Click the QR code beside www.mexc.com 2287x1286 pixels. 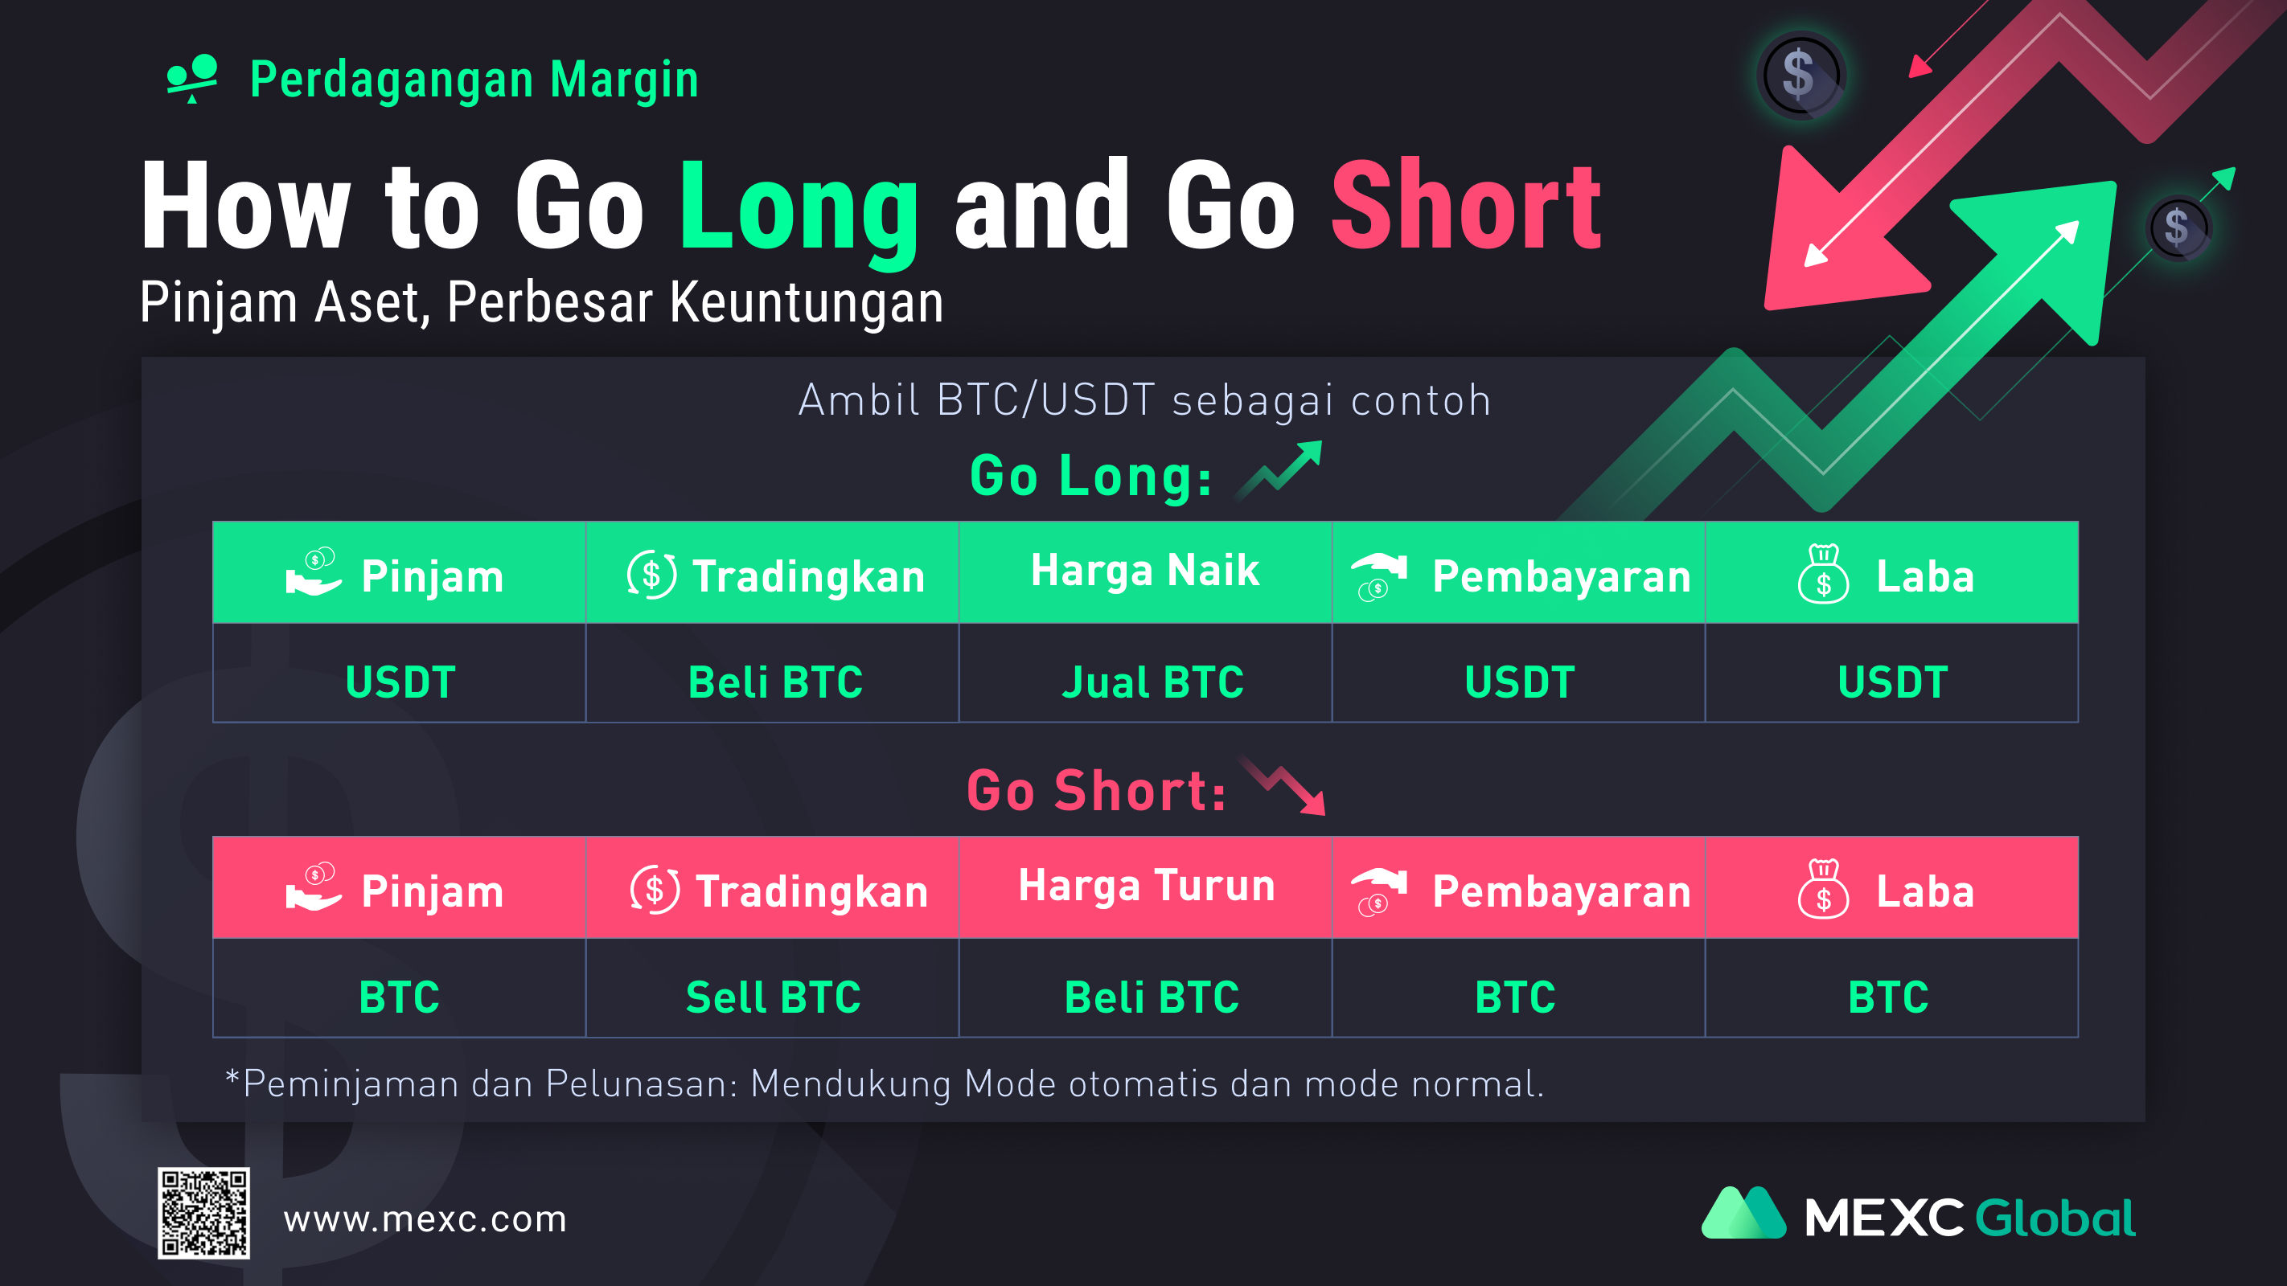point(203,1212)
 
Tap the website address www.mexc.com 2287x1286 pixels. point(425,1219)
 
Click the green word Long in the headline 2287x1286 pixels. point(799,207)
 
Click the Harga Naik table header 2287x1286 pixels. point(1144,571)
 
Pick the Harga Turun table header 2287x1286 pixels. point(1146,886)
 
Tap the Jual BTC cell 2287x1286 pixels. point(1152,682)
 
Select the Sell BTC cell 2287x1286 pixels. point(774,997)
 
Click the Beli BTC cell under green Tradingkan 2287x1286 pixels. point(775,682)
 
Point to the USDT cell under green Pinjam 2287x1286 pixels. point(400,682)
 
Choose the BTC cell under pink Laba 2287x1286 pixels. point(1888,997)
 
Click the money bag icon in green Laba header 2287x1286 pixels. point(1824,573)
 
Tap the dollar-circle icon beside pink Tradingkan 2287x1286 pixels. point(655,889)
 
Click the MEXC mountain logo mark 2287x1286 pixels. point(1743,1212)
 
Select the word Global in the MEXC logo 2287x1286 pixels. point(2055,1217)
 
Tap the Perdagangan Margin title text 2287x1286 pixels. point(474,80)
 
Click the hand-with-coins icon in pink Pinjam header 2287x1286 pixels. point(314,886)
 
